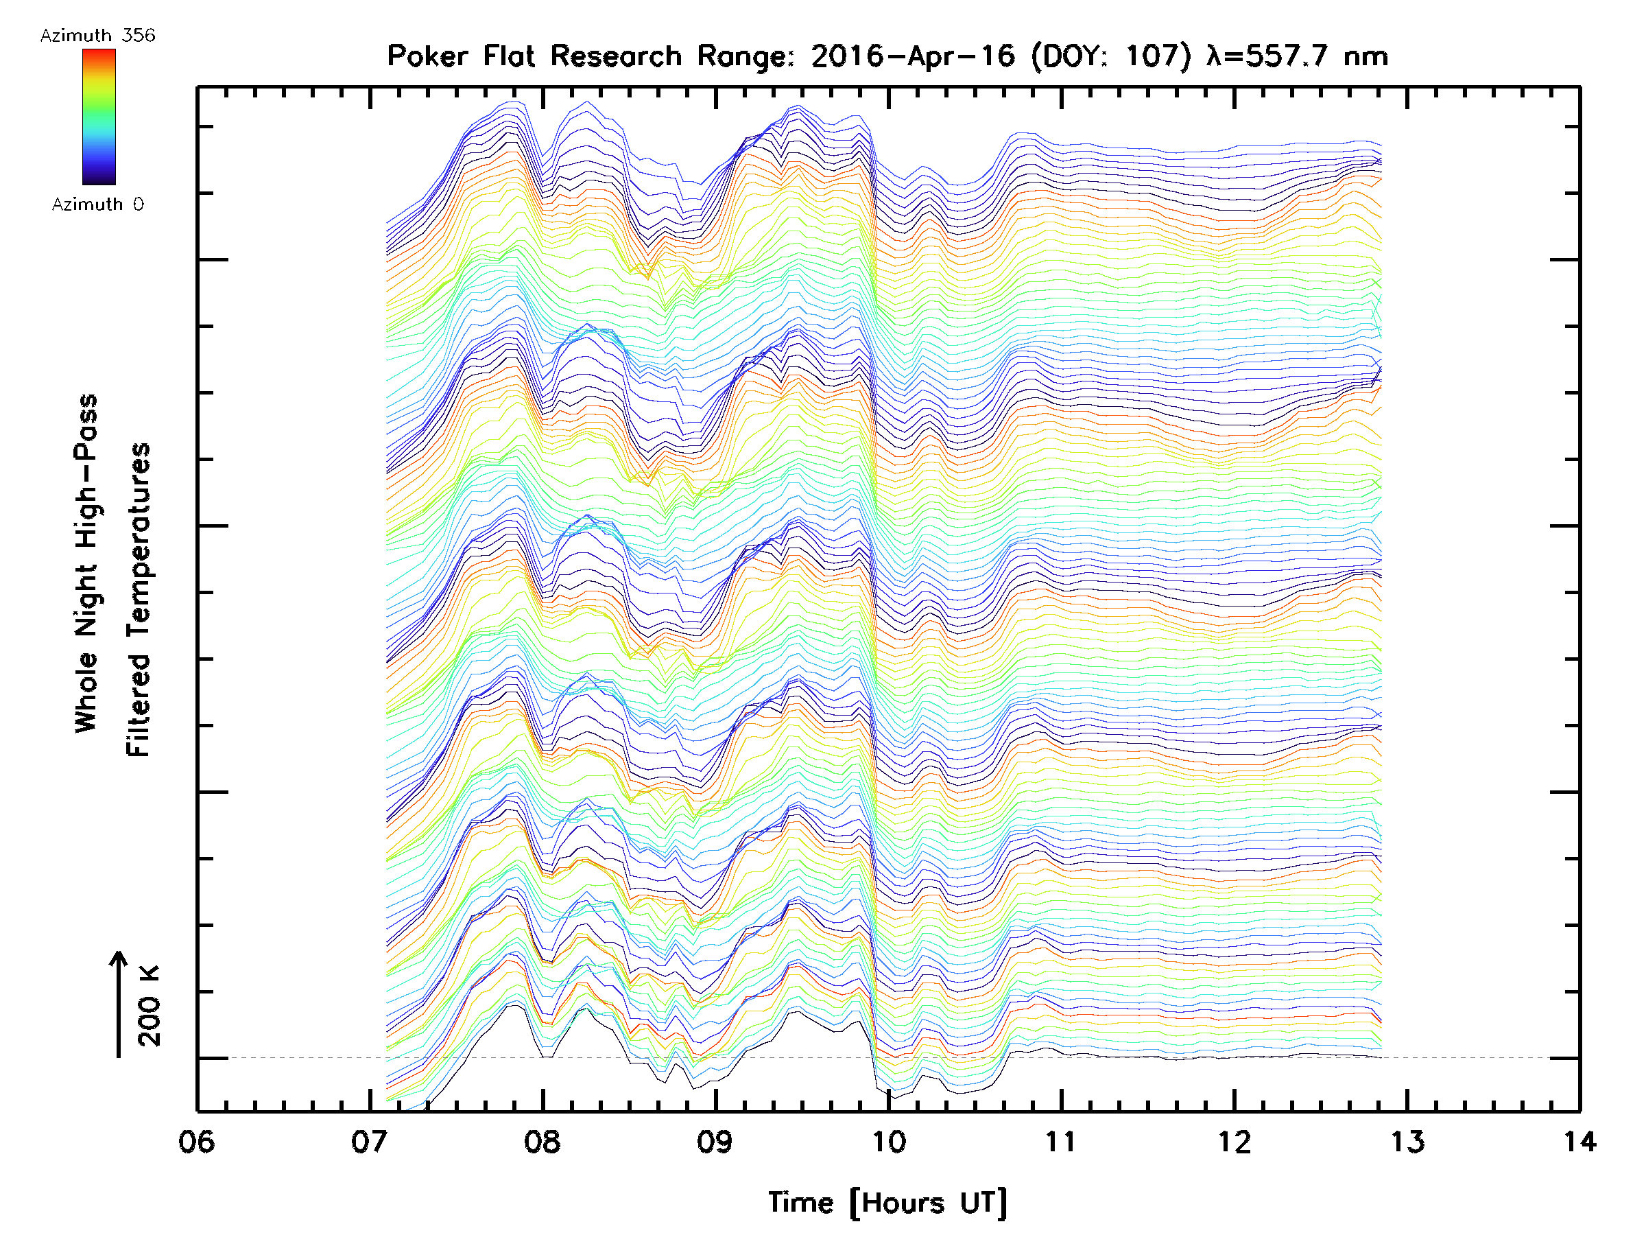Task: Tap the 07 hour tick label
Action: click(369, 1141)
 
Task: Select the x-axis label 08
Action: click(542, 1141)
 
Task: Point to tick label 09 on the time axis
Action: click(715, 1141)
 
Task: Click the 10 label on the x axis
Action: click(887, 1141)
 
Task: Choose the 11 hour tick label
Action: click(1060, 1141)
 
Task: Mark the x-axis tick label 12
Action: click(1234, 1141)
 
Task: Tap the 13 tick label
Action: click(1407, 1141)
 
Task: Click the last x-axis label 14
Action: click(1579, 1141)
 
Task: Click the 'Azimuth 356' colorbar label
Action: click(97, 36)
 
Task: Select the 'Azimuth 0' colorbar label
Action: click(97, 204)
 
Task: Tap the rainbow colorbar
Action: click(99, 117)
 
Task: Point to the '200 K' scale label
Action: click(150, 1006)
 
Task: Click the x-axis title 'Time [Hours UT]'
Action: click(887, 1202)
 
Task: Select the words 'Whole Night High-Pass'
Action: click(86, 563)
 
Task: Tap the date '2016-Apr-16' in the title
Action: click(912, 56)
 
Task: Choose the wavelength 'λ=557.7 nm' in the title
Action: click(1297, 56)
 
